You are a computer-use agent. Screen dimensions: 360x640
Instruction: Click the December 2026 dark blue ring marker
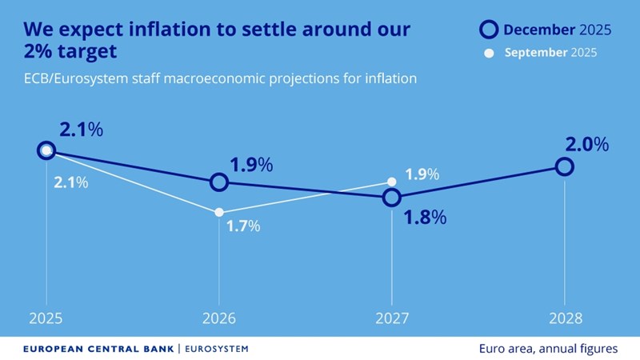[x=219, y=182]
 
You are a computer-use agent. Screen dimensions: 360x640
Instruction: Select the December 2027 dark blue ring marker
[x=391, y=197]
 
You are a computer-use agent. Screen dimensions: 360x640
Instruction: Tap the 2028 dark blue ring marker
[x=565, y=166]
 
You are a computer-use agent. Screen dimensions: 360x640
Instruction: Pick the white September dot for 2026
[x=218, y=212]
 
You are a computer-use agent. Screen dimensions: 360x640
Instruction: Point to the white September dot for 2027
[x=391, y=182]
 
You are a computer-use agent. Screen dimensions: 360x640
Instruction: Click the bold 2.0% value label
[x=587, y=145]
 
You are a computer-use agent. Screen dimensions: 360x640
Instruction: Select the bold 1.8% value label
[x=423, y=217]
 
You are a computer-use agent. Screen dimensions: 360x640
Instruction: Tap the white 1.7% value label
[x=242, y=226]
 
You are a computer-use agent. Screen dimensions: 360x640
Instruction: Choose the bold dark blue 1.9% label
[x=251, y=165]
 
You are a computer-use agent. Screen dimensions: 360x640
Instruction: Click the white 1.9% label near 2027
[x=421, y=174]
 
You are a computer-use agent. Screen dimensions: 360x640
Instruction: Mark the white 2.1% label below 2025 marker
[x=70, y=182]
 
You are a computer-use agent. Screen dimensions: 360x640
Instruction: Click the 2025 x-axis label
[x=46, y=318]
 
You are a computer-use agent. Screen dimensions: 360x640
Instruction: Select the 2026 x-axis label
[x=218, y=318]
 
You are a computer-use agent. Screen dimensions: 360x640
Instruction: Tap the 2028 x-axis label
[x=565, y=318]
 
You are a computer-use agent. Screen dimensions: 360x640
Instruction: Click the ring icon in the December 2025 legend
[x=488, y=30]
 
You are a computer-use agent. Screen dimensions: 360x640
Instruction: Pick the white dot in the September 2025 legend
[x=489, y=54]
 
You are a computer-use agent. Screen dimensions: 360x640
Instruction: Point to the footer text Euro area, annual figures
[x=547, y=349]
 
